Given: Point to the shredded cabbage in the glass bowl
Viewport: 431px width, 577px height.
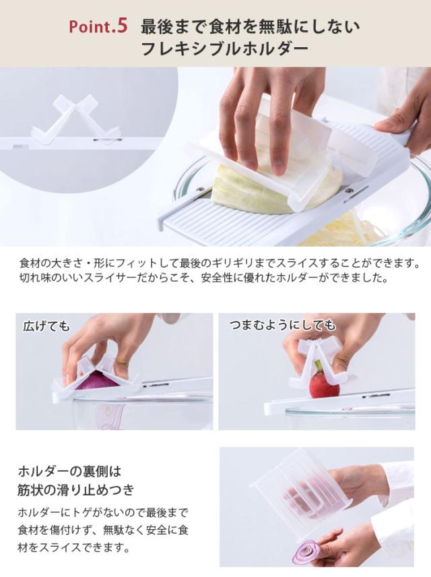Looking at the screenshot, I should click(x=337, y=230).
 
